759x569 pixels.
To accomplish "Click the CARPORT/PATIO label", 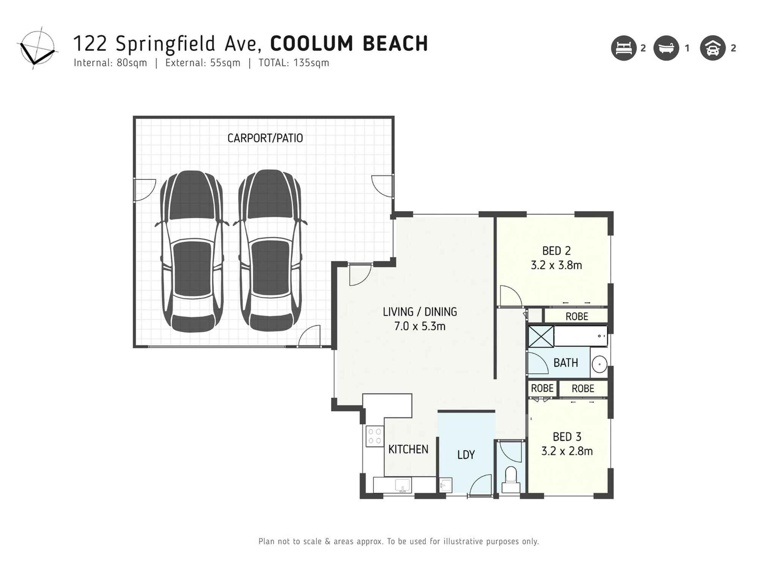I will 265,138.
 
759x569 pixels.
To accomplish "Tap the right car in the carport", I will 270,250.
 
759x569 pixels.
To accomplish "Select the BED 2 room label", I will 556,251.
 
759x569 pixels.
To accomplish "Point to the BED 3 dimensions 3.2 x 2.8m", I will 567,451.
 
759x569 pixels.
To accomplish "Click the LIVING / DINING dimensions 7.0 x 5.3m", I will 420,326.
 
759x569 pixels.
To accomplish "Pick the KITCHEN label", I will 408,450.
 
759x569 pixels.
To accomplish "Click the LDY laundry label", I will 466,455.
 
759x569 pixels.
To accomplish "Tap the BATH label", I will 565,363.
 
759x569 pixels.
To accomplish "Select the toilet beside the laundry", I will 511,480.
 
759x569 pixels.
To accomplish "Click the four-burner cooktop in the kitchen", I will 375,436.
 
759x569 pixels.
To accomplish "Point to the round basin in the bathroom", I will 600,365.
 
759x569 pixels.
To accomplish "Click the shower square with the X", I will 541,336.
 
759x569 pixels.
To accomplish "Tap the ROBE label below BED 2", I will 576,316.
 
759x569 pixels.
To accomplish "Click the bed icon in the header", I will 624,48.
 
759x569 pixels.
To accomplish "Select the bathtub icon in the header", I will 666,48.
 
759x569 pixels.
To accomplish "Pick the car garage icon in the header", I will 713,48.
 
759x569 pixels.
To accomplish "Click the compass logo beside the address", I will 37,48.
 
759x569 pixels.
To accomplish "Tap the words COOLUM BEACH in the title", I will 349,44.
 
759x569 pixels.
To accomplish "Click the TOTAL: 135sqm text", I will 294,63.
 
